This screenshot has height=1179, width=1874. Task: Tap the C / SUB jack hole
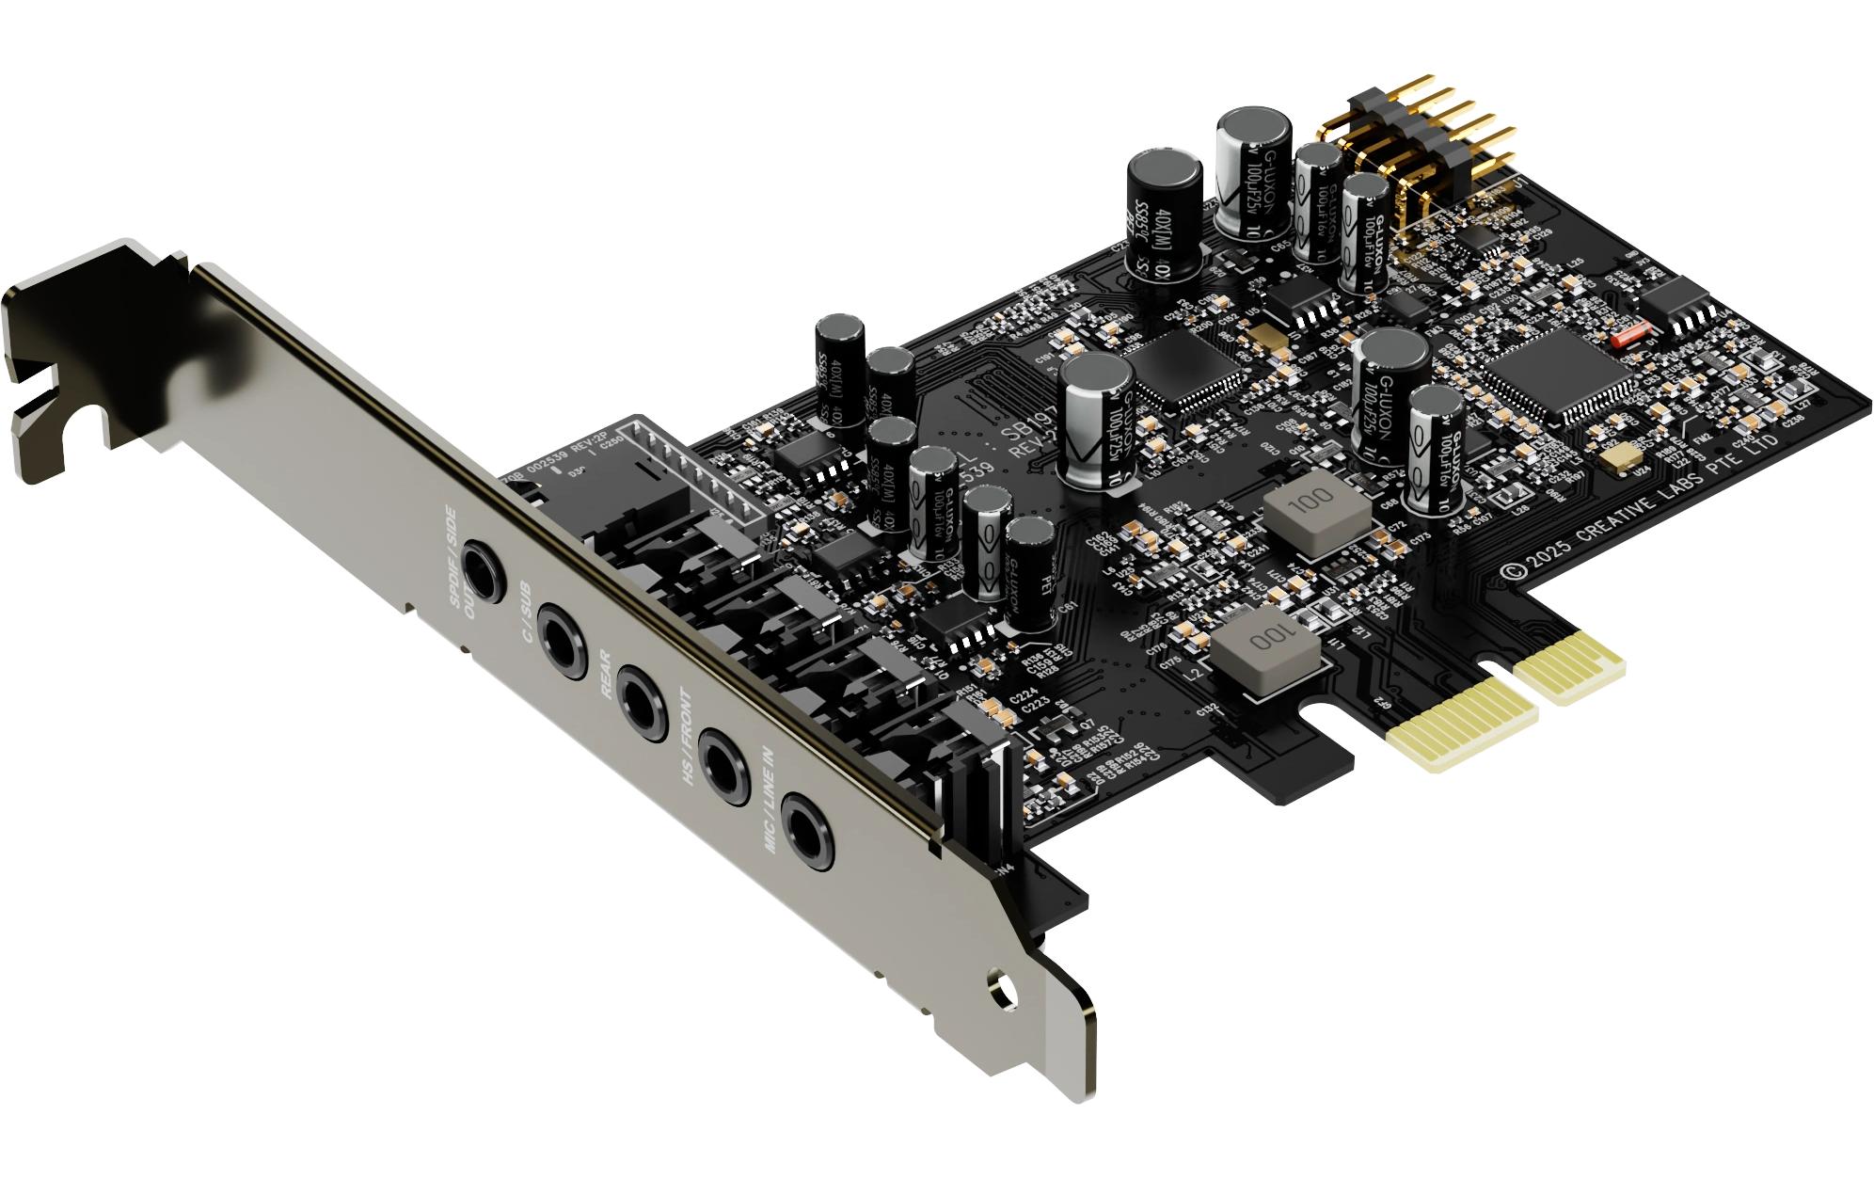[x=563, y=644]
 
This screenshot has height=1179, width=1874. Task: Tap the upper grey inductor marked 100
[x=1315, y=510]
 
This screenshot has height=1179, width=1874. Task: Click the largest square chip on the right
[x=1554, y=373]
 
